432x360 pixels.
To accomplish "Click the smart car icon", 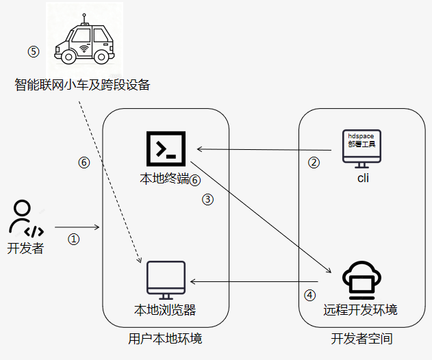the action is click(x=84, y=39).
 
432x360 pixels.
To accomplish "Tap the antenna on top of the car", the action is click(x=84, y=19).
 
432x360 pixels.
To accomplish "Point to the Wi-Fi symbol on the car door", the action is click(x=84, y=49).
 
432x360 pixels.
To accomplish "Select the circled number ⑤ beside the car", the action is click(x=34, y=51).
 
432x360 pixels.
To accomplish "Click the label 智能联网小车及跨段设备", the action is click(x=82, y=85).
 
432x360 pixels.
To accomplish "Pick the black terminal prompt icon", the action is click(x=166, y=149).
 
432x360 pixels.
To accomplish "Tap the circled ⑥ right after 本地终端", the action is click(x=195, y=180).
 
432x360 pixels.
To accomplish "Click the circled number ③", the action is click(x=207, y=199).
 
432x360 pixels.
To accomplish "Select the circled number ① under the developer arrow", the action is click(x=73, y=239).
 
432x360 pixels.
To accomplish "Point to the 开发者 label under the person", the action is click(x=25, y=248).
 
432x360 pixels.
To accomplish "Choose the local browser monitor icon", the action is click(x=166, y=280).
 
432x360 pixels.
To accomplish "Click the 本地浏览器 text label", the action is click(x=165, y=310).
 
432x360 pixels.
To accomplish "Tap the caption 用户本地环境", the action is click(x=165, y=339).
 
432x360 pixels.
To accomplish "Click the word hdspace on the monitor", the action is click(x=361, y=136).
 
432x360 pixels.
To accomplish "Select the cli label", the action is click(x=363, y=178).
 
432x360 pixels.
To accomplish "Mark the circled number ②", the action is click(x=314, y=162).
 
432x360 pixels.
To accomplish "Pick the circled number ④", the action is click(x=309, y=295).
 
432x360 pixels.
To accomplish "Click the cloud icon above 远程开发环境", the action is click(x=361, y=280).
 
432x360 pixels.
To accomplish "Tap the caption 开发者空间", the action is click(x=361, y=339).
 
